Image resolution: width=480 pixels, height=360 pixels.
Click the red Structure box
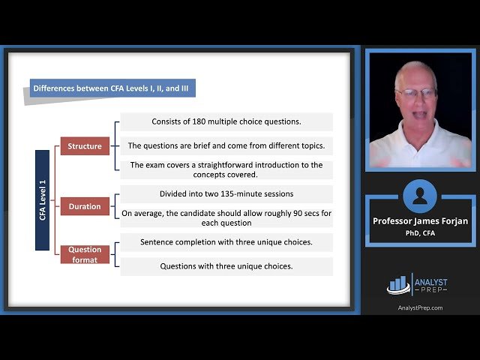[85, 146]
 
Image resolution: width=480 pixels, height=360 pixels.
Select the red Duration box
[85, 206]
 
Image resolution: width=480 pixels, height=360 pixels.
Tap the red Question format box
[85, 254]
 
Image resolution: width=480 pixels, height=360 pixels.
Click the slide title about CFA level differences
[112, 88]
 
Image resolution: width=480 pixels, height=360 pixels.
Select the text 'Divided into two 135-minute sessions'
[226, 194]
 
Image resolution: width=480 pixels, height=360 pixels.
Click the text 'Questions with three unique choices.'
[226, 266]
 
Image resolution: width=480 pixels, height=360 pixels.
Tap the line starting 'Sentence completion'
[226, 242]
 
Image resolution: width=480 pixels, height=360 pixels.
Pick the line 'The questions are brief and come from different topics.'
[226, 145]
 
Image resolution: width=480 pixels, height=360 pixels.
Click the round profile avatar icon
[419, 196]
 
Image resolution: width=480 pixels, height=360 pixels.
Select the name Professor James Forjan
[419, 221]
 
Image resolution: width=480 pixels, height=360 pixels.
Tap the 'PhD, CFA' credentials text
[419, 232]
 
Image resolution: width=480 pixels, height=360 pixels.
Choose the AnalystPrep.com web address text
[419, 307]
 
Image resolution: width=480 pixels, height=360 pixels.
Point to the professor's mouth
[415, 114]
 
